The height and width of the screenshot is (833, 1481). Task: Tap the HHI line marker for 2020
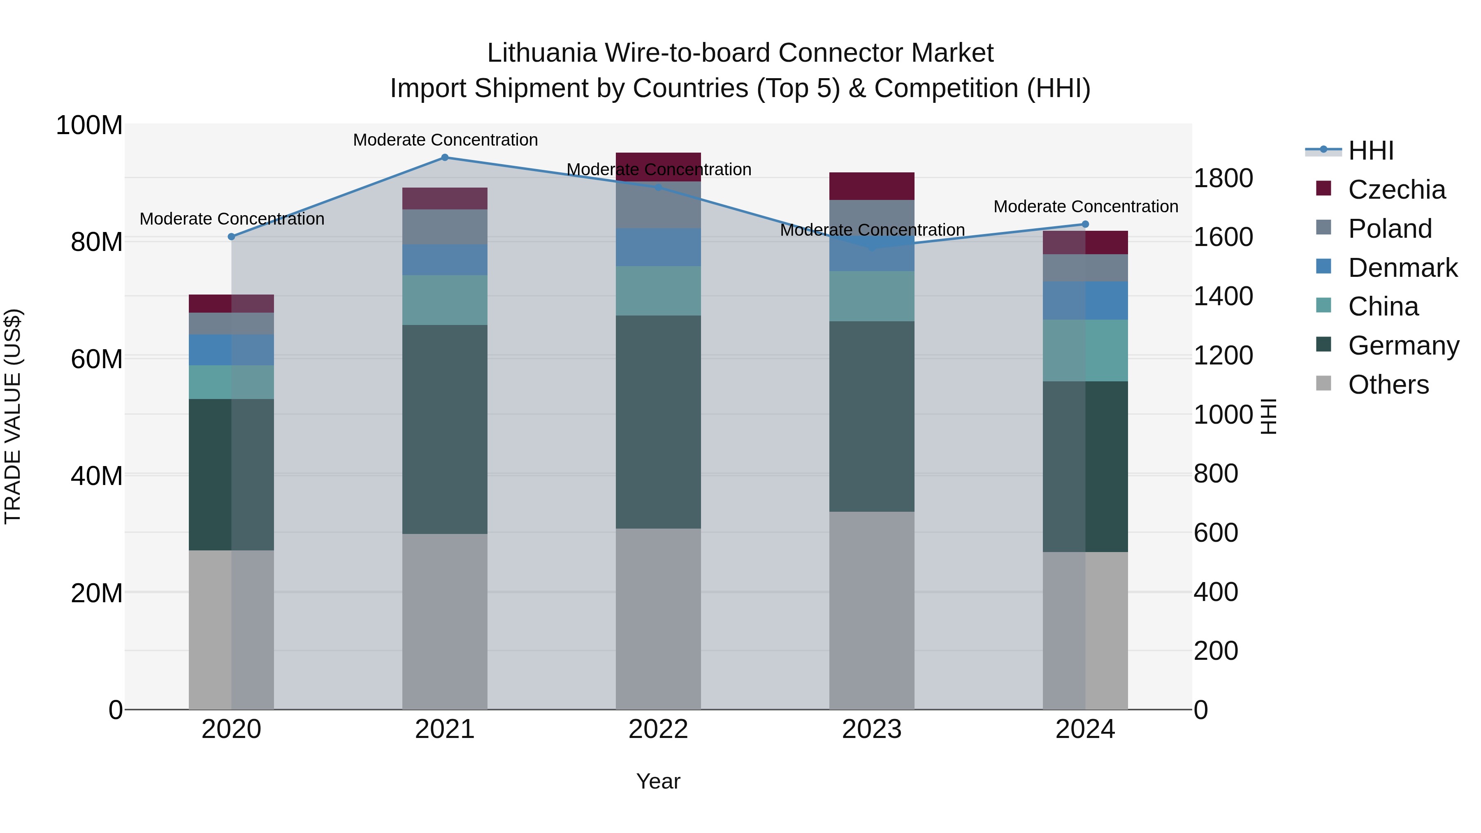tap(231, 237)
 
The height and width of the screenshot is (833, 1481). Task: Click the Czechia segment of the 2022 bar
tap(658, 167)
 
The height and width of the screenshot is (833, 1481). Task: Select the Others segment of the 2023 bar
tap(872, 610)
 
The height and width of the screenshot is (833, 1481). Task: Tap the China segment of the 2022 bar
tap(658, 291)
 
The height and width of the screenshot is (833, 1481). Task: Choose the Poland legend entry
tap(1390, 229)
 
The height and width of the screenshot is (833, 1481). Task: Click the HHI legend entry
tap(1371, 151)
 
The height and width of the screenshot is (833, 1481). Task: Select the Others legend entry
tap(1388, 385)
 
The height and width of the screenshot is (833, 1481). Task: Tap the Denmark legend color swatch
tap(1323, 266)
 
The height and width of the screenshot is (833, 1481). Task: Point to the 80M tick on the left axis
tap(97, 242)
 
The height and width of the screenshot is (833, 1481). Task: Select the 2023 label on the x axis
tap(872, 729)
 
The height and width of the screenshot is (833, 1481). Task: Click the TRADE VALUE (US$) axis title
tap(13, 416)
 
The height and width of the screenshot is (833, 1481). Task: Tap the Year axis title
tap(658, 781)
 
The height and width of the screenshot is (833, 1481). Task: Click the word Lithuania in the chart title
tap(541, 53)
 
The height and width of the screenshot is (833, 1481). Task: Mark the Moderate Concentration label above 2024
tap(1086, 207)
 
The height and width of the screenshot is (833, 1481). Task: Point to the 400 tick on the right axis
tap(1215, 592)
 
